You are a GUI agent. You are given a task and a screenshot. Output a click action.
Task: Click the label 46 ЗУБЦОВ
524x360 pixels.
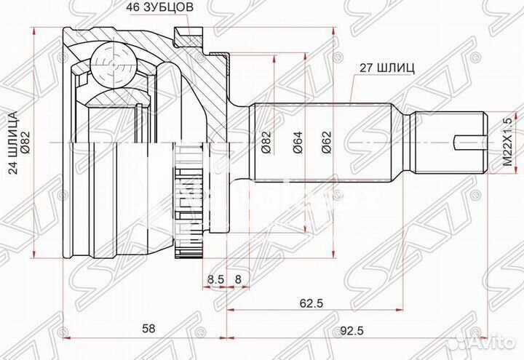click(149, 9)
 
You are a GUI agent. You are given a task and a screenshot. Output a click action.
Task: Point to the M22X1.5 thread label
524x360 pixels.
click(508, 145)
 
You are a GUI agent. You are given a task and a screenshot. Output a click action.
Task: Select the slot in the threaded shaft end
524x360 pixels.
click(469, 143)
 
